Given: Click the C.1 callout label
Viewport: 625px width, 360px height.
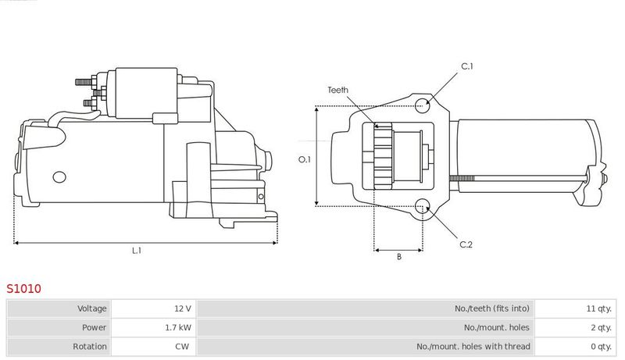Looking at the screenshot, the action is pyautogui.click(x=466, y=66).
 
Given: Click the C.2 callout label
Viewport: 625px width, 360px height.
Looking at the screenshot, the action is pyautogui.click(x=466, y=244).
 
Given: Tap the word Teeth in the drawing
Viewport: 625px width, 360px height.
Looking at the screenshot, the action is pyautogui.click(x=337, y=90).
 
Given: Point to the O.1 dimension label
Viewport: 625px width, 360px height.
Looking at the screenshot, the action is pyautogui.click(x=304, y=159).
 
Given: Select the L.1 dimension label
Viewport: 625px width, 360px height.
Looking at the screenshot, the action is pyautogui.click(x=137, y=251).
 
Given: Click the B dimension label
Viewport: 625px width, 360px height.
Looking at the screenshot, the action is pyautogui.click(x=399, y=257).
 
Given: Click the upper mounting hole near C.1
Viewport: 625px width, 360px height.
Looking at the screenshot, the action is pyautogui.click(x=423, y=106).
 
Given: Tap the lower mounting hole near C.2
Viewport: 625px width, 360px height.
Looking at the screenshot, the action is pyautogui.click(x=422, y=207).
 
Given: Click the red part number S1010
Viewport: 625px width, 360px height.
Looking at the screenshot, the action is pyautogui.click(x=23, y=288).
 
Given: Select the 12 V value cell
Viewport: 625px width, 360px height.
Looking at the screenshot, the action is pyautogui.click(x=183, y=308).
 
